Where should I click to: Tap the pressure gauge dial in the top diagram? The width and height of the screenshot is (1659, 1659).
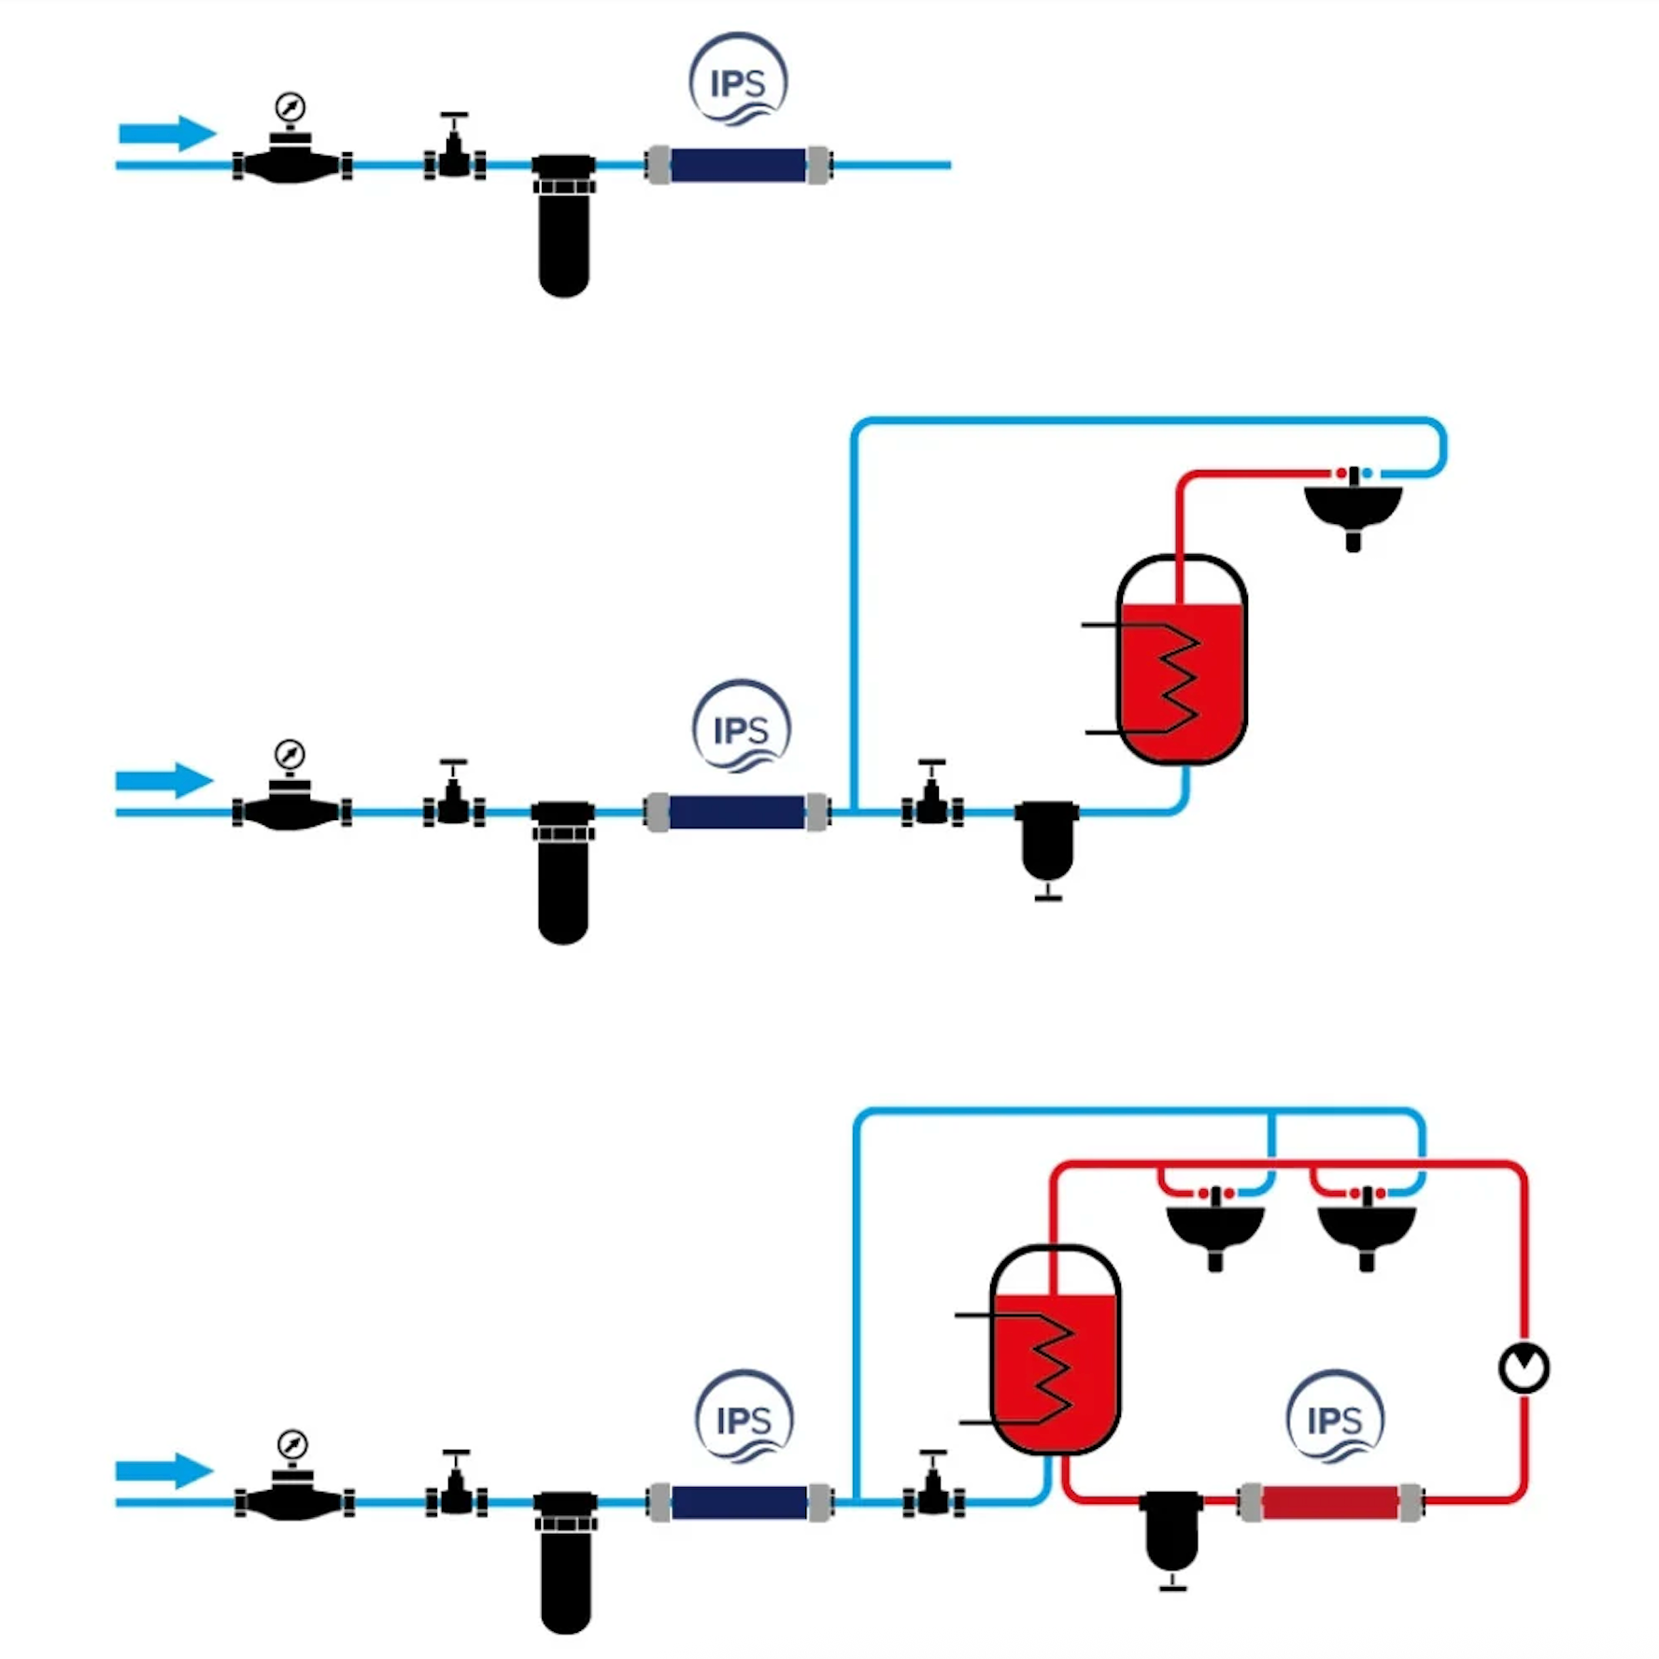pyautogui.click(x=291, y=107)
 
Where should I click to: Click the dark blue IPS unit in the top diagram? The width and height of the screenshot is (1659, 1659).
pyautogui.click(x=738, y=165)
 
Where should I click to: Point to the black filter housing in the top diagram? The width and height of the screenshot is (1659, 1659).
pyautogui.click(x=563, y=234)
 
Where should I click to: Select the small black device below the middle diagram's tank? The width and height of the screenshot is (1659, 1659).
pyautogui.click(x=1047, y=841)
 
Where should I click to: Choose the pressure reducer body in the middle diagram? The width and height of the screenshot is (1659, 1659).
pyautogui.click(x=291, y=811)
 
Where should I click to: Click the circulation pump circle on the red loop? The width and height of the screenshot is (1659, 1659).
pyautogui.click(x=1524, y=1368)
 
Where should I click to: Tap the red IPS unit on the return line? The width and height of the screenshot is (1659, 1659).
pyautogui.click(x=1330, y=1502)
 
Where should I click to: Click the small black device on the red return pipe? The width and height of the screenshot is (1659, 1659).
pyautogui.click(x=1171, y=1532)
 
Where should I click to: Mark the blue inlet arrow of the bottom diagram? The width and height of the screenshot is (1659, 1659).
pyautogui.click(x=164, y=1471)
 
